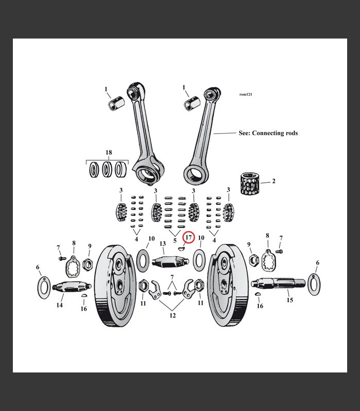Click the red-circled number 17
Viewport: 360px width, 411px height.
pos(189,238)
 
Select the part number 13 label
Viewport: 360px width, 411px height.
pos(163,244)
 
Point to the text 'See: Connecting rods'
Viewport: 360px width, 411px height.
pos(268,133)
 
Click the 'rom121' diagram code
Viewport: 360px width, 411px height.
pos(246,95)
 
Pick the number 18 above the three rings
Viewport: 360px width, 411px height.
pos(108,153)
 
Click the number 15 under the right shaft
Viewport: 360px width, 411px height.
pos(290,300)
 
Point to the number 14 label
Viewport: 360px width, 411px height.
pos(60,305)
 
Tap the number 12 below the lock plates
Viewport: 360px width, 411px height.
pos(172,315)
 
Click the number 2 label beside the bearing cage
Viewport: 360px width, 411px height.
pos(274,181)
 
